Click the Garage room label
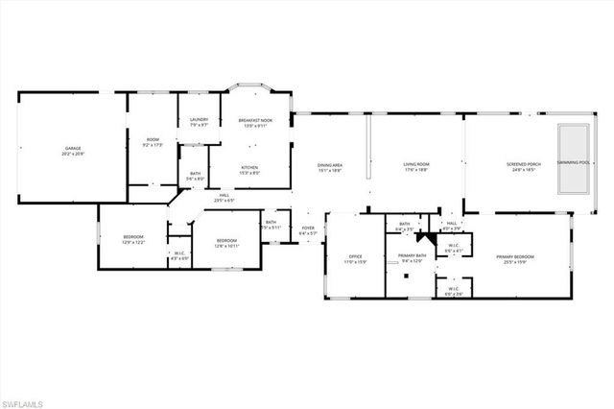tap(73, 148)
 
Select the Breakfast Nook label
tap(256, 120)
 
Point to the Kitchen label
tap(248, 167)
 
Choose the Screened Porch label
tap(524, 164)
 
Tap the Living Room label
tap(415, 164)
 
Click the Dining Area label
tap(330, 166)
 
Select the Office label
tap(354, 257)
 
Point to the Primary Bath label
tap(412, 255)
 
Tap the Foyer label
tap(307, 229)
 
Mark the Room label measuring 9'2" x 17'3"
tap(153, 142)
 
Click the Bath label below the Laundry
tap(195, 175)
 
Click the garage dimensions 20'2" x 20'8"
tap(73, 154)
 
